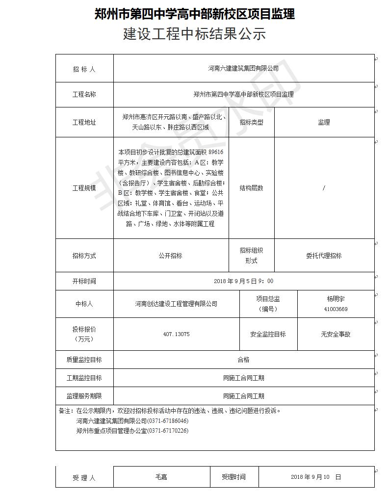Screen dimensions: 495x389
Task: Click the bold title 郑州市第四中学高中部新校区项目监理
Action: click(194, 14)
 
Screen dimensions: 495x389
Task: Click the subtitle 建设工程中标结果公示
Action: click(194, 34)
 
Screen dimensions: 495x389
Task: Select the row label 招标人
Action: click(84, 69)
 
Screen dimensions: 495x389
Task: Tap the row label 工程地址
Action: click(84, 122)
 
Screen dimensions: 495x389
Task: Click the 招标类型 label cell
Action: click(251, 122)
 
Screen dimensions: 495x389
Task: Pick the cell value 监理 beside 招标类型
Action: click(324, 122)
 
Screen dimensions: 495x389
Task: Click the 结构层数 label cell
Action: click(251, 188)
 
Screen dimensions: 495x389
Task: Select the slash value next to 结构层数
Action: click(324, 188)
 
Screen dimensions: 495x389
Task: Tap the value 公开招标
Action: click(170, 256)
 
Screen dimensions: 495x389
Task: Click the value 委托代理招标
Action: click(324, 256)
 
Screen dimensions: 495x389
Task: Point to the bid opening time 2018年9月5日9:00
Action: click(243, 281)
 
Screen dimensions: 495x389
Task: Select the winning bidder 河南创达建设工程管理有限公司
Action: click(176, 304)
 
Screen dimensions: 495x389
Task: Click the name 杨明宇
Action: click(336, 299)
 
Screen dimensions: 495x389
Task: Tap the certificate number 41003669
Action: click(336, 309)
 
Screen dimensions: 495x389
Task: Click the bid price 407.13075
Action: click(176, 334)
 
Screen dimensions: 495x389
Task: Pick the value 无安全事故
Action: click(336, 334)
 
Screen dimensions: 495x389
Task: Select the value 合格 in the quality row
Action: click(243, 360)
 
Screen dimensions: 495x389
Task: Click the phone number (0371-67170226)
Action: click(168, 431)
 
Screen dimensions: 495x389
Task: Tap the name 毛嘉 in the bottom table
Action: click(161, 477)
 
